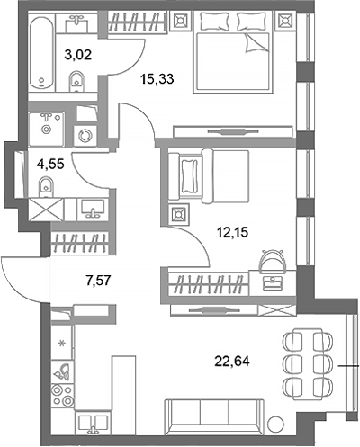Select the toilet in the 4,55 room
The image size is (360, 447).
[x=44, y=187]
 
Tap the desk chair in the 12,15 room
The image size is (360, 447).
[x=270, y=261]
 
